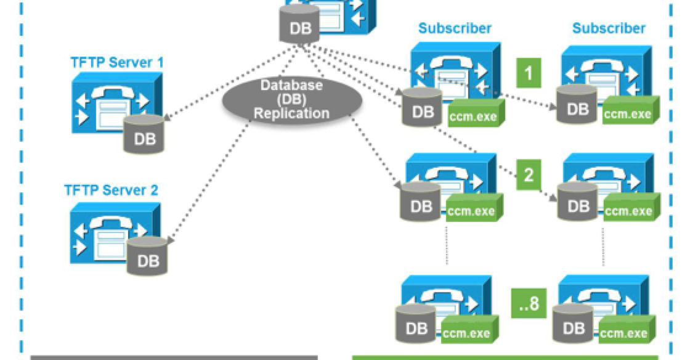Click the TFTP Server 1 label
coord(116,62)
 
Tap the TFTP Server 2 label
coord(111,189)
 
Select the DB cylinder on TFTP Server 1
coord(144,134)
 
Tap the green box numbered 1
coord(527,73)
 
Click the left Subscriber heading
coord(455,28)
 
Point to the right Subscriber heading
coord(609,28)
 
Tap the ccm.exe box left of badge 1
coord(473,114)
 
